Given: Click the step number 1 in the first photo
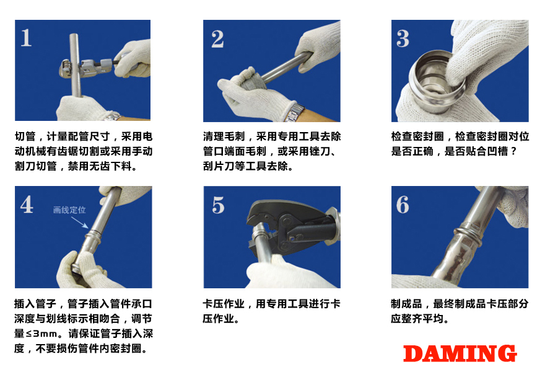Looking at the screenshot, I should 26,38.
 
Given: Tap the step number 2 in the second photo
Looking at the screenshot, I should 217,38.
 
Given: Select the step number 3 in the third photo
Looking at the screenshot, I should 403,38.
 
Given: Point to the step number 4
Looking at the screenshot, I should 27,205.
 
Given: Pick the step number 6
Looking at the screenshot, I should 403,205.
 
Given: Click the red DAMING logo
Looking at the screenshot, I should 460,353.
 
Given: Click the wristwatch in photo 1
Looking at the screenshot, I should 111,116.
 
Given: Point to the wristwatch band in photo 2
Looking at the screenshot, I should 296,113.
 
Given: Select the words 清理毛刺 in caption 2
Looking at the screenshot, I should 224,136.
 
